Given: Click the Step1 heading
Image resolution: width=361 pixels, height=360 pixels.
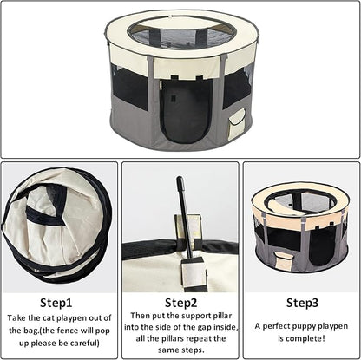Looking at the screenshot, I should point(59,303).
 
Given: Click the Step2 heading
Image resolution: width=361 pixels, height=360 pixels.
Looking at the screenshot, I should point(180,303).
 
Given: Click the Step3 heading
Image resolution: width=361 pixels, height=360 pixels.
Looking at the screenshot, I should point(301,303).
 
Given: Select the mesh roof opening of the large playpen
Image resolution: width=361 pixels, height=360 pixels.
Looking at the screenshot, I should point(180,36).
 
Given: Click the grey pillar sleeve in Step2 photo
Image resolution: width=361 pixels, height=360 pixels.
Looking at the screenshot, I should point(192,271).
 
